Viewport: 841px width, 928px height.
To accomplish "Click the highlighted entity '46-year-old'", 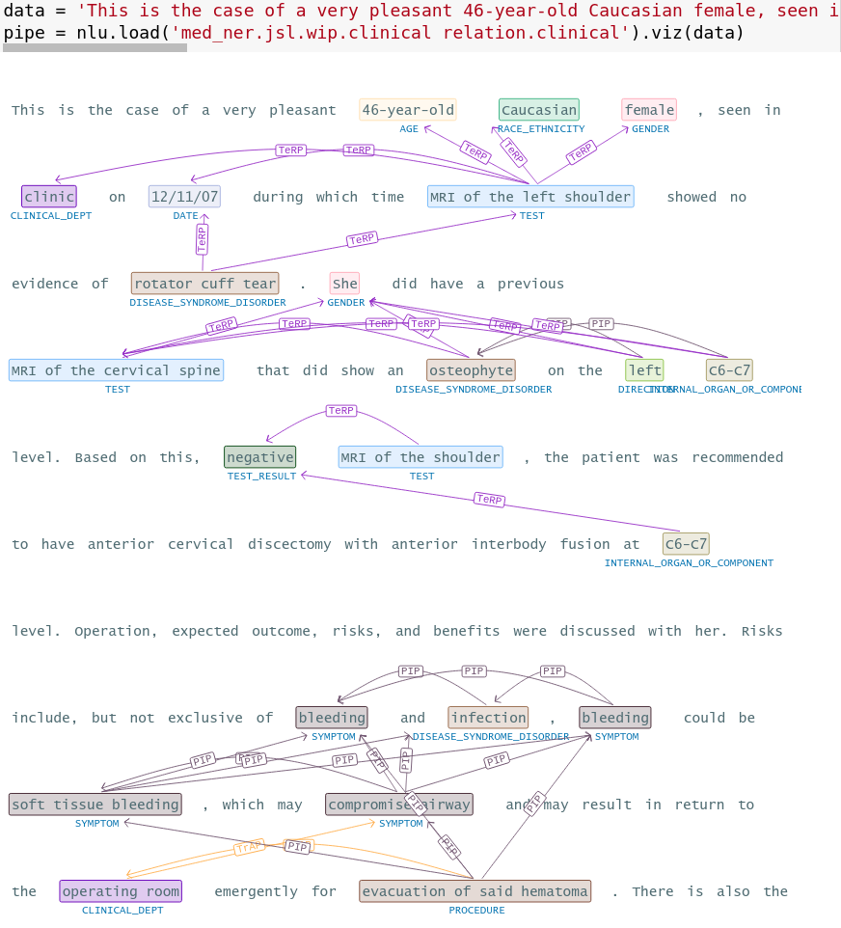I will pos(407,110).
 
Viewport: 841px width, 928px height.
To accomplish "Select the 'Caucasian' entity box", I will pos(539,110).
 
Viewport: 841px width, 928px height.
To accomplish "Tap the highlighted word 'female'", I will pos(649,110).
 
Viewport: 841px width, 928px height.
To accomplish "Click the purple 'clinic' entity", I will pos(49,197).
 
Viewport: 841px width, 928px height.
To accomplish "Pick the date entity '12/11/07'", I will pos(184,197).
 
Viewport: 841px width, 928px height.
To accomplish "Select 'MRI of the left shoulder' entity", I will pos(530,197).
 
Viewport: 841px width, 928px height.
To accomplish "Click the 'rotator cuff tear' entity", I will pos(204,284).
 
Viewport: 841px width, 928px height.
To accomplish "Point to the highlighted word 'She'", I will pos(344,284).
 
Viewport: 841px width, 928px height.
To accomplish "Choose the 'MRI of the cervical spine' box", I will pos(117,370).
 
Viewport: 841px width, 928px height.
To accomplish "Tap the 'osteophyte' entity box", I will pos(471,370).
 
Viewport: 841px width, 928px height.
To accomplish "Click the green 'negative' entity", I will pos(260,457).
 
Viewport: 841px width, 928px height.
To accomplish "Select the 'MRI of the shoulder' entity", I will pos(420,457).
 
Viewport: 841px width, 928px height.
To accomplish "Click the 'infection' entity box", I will pos(488,718).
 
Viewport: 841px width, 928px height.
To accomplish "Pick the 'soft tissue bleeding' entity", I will pos(95,805).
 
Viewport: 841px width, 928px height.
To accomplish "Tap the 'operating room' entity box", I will pos(121,891).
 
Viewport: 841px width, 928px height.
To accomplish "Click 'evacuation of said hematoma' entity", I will pos(475,891).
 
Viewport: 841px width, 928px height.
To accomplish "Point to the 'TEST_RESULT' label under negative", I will pos(261,477).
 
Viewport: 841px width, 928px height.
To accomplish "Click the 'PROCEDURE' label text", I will pos(476,911).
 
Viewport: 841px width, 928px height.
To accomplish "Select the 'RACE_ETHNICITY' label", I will pos(541,129).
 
